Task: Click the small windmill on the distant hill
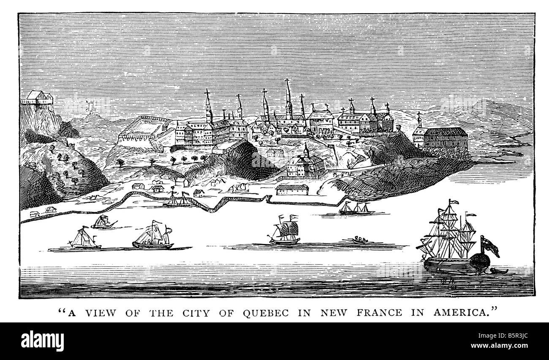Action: point(90,107)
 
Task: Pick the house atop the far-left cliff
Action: point(38,98)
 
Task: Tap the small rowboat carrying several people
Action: point(360,240)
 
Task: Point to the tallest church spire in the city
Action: point(288,95)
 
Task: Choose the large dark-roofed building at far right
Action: point(445,138)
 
